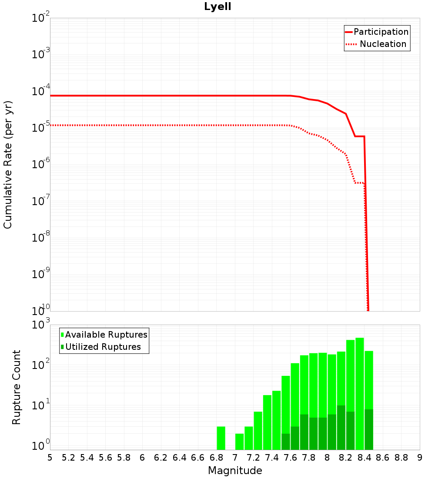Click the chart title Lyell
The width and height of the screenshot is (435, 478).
(217, 7)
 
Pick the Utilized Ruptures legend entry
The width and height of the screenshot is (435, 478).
(103, 347)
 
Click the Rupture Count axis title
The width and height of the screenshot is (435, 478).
(17, 387)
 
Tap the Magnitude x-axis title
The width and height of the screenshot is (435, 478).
(235, 470)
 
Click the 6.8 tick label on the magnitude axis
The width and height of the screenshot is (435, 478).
(216, 457)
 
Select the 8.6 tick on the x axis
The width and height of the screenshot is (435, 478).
(382, 457)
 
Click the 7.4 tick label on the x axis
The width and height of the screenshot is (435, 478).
(271, 457)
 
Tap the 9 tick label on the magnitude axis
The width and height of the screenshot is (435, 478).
(419, 457)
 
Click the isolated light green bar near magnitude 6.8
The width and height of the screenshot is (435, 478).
(221, 438)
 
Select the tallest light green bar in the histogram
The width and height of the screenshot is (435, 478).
(359, 374)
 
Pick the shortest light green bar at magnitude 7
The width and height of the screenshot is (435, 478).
(239, 441)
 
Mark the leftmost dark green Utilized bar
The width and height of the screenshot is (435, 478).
(286, 441)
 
